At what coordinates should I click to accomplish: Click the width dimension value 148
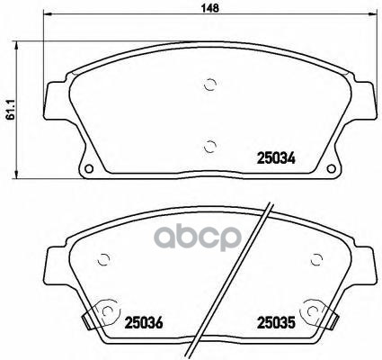tap(210, 6)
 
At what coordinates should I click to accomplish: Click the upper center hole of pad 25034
tap(210, 85)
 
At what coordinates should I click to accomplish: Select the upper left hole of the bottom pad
tap(106, 262)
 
